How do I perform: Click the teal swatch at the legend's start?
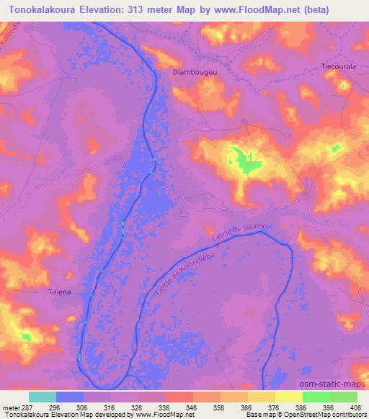tap(43, 397)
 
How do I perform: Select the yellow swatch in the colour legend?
tap(289, 397)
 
